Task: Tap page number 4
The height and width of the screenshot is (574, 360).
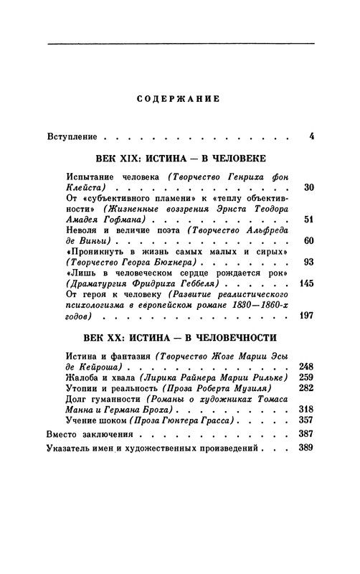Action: tap(311, 136)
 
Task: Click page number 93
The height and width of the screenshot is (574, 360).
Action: tap(310, 263)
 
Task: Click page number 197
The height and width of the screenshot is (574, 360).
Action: tap(307, 316)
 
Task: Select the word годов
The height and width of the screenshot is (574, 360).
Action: tap(80, 316)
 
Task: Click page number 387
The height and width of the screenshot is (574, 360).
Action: tap(307, 435)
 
